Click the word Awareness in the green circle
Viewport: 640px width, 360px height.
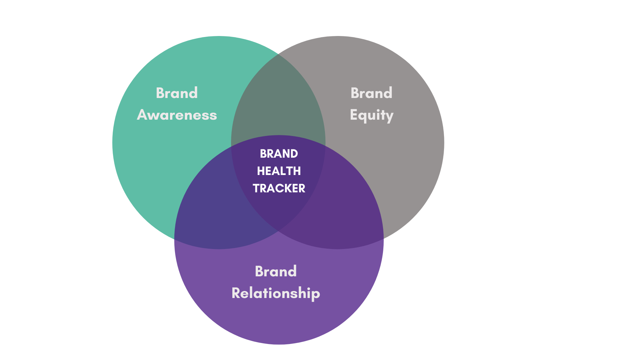coord(177,115)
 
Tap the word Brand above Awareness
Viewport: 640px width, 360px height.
coord(177,93)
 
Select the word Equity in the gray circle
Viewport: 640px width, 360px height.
coord(372,115)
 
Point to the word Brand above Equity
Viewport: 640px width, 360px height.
coord(371,93)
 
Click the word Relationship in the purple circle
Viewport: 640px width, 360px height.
coord(276,293)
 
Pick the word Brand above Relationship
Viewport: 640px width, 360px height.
coord(276,271)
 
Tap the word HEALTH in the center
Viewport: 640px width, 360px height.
coord(279,171)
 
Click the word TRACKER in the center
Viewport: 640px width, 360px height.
coord(279,188)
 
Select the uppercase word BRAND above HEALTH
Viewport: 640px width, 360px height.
coord(279,154)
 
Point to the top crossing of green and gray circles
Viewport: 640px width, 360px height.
coord(278,54)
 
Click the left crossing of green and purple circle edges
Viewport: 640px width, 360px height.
coord(175,239)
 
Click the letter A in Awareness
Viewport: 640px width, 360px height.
coord(142,115)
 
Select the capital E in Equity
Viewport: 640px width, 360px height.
coord(354,115)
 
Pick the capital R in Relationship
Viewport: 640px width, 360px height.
coord(236,293)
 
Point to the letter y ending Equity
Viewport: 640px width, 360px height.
coord(389,116)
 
